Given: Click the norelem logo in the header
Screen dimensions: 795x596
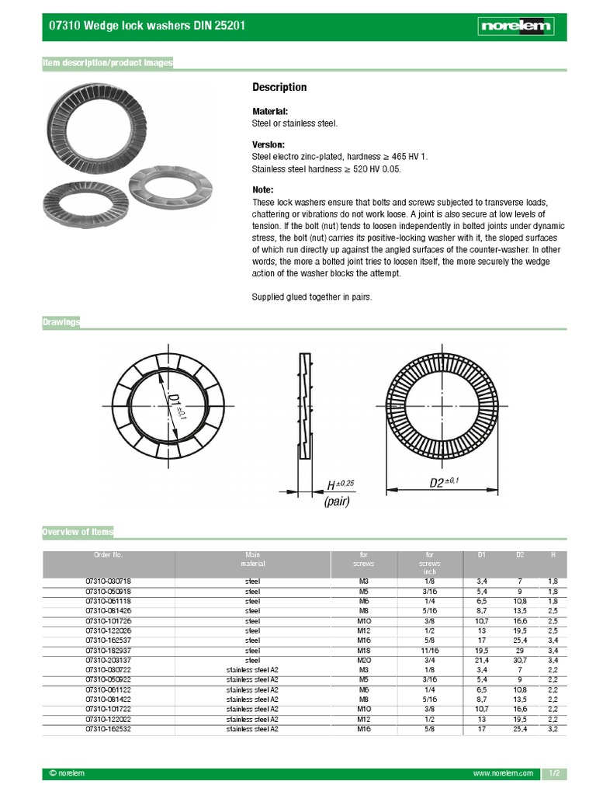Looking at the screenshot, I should [x=516, y=26].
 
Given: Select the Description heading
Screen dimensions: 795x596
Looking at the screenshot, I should [x=279, y=88].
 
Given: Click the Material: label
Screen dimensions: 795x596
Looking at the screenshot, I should [x=270, y=112].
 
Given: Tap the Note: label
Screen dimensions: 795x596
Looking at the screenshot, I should [x=263, y=190].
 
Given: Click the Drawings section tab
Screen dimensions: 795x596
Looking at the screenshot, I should [x=61, y=322].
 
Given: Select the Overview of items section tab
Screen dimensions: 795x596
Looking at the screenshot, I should [x=78, y=532].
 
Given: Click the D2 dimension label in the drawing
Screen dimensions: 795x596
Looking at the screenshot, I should [x=444, y=482].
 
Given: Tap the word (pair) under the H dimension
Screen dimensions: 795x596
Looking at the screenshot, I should [x=337, y=502].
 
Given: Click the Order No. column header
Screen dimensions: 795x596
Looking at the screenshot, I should [x=108, y=555].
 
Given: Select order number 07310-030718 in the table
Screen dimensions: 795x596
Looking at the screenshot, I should [x=108, y=581].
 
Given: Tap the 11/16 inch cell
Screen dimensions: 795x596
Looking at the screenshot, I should [x=429, y=650].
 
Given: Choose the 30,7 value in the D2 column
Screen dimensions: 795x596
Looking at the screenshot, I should [x=520, y=660].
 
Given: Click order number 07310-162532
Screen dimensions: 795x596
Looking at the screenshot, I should [x=108, y=729].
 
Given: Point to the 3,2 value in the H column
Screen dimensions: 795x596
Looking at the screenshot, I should [x=552, y=729].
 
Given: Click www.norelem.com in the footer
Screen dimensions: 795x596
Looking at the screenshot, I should [x=503, y=774].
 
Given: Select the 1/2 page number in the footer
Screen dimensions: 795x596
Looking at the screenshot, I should [x=555, y=774].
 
